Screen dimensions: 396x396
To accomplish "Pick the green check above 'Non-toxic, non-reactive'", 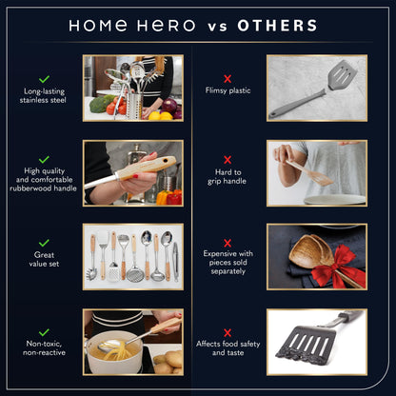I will click(x=45, y=331).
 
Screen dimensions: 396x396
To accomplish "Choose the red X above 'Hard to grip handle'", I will click(x=227, y=160).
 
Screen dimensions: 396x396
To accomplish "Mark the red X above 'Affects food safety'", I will click(x=227, y=331).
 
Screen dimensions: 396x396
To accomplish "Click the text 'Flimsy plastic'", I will click(x=227, y=92).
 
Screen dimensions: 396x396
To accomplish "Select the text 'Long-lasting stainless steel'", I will click(x=45, y=98).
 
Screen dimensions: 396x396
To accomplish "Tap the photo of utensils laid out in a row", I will click(x=131, y=256).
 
